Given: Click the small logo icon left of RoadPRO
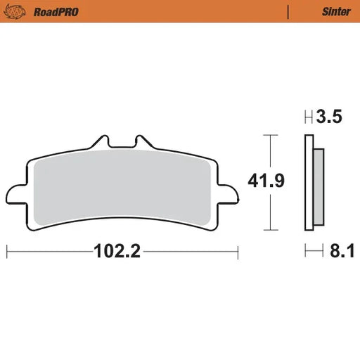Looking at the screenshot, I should tap(18, 12).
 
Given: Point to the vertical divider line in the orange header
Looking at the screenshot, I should tap(289, 12).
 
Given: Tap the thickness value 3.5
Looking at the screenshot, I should tap(330, 117).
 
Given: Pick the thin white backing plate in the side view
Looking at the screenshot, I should tap(309, 183).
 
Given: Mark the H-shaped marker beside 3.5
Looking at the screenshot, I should tap(307, 118).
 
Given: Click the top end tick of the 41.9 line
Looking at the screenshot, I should tap(267, 135).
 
